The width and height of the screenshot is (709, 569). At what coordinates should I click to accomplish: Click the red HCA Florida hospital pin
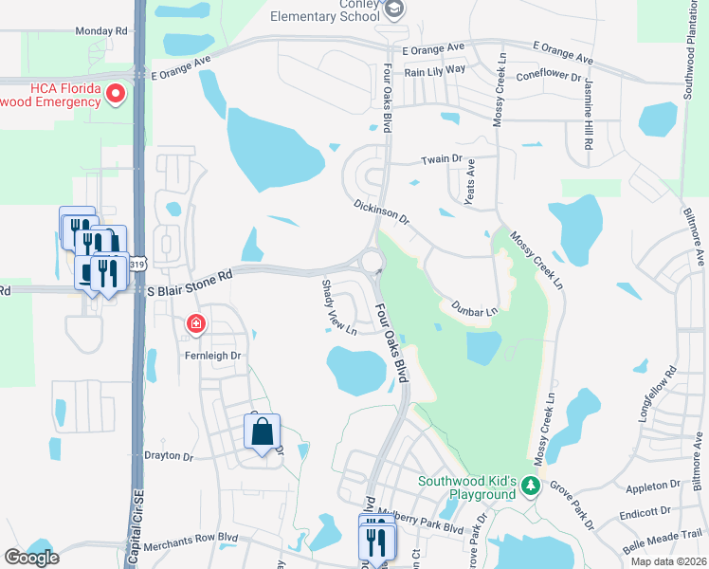[117, 94]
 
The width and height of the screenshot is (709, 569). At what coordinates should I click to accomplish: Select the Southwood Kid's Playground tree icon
[531, 487]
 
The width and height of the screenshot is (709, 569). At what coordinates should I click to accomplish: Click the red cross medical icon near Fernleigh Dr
[196, 324]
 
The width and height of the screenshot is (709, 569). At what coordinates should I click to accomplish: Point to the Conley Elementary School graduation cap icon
[395, 9]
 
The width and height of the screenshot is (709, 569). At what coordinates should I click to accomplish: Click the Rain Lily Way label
[434, 69]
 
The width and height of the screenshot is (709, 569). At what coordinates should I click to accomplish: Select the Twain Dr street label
[441, 160]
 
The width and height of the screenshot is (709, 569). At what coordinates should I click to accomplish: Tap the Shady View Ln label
[337, 307]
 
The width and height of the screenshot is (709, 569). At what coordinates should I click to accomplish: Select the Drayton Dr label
[168, 456]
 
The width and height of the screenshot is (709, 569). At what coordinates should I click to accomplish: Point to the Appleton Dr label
[653, 485]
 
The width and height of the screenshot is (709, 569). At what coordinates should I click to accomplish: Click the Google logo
[31, 557]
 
